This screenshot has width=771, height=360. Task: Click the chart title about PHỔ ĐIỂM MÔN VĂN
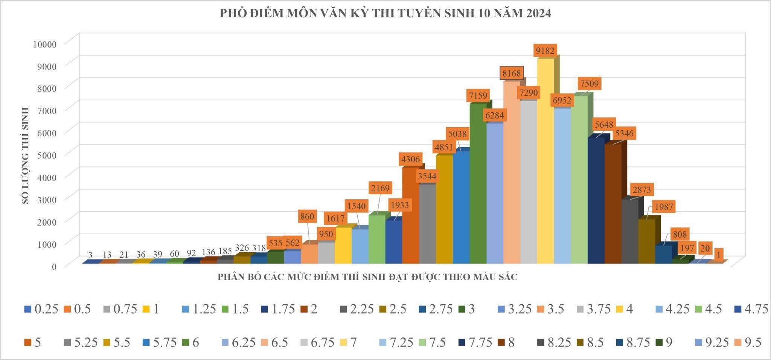[385, 14]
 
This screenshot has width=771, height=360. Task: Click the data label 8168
[512, 73]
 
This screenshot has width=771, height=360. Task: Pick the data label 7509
[589, 83]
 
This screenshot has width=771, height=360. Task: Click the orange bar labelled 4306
[410, 215]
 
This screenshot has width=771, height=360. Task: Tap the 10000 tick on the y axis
[44, 44]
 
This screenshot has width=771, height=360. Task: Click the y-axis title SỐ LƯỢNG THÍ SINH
[26, 156]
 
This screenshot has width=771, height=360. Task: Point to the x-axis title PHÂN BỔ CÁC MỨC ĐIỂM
[367, 277]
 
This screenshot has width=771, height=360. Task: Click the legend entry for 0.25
[41, 309]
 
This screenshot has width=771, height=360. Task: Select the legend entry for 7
[349, 342]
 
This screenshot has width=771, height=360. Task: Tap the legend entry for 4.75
[751, 309]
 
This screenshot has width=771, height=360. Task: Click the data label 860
[307, 217]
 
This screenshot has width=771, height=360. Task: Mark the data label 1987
[664, 207]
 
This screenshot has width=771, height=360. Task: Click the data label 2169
[380, 188]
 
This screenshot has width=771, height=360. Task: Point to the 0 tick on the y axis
[54, 267]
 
